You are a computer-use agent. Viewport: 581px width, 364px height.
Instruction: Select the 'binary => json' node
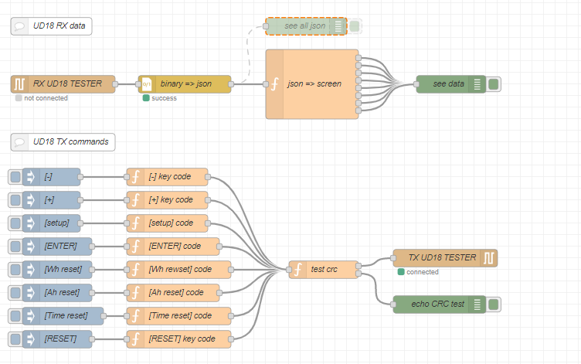(185, 84)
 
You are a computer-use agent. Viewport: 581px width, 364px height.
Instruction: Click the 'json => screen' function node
(313, 84)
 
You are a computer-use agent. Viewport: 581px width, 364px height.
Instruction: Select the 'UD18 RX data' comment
(52, 26)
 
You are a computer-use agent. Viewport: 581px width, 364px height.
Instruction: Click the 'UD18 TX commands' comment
(63, 142)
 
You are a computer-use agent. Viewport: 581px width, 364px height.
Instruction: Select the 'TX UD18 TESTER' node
(445, 258)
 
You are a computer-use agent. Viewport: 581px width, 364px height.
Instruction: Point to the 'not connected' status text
(46, 98)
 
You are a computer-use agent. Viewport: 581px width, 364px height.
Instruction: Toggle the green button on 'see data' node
(494, 84)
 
